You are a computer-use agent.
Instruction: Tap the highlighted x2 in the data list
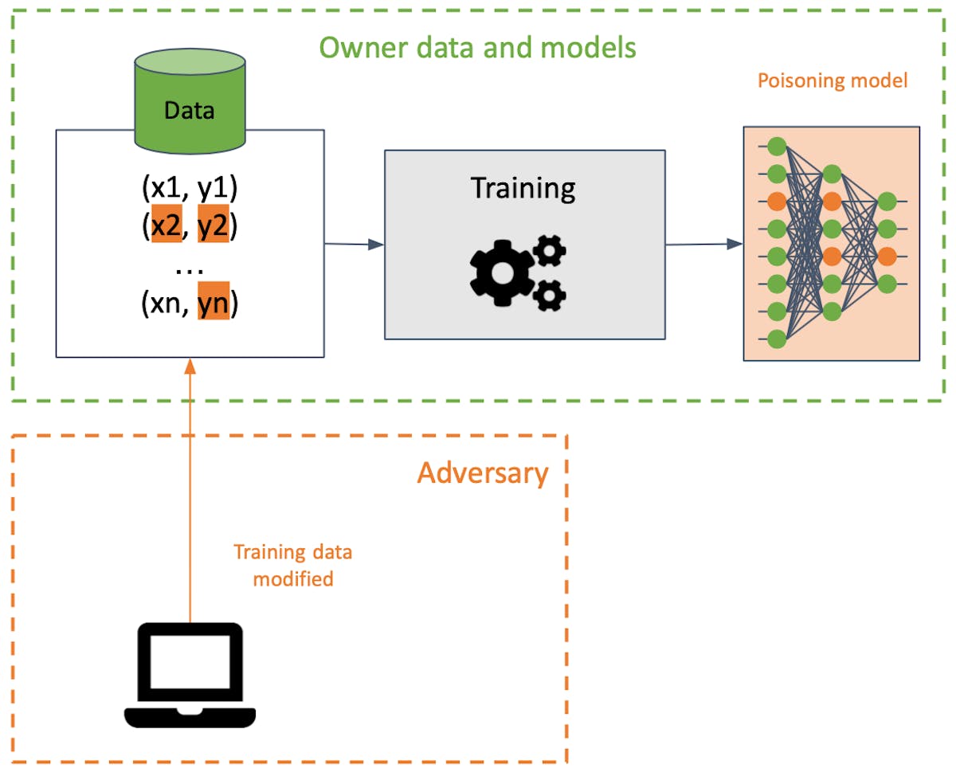167,227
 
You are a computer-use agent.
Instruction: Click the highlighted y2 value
214,227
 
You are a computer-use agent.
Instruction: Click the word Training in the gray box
523,189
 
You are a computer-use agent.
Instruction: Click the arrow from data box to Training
354,245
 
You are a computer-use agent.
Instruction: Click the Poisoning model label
832,81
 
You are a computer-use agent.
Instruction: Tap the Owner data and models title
477,48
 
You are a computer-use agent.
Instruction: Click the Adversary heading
483,473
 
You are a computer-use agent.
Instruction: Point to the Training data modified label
292,564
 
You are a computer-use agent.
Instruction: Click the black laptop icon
190,675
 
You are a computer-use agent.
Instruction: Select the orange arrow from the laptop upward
189,494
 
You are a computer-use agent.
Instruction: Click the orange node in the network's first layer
777,200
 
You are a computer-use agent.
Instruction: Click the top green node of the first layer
777,146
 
